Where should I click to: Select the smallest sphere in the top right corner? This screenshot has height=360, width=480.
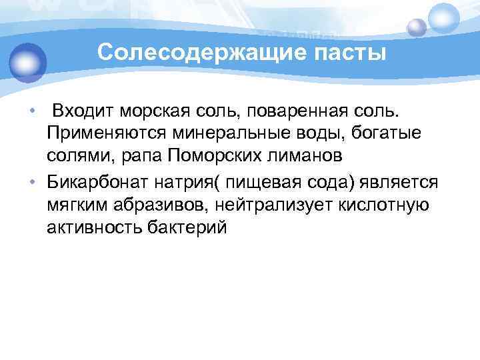click(417, 27)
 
